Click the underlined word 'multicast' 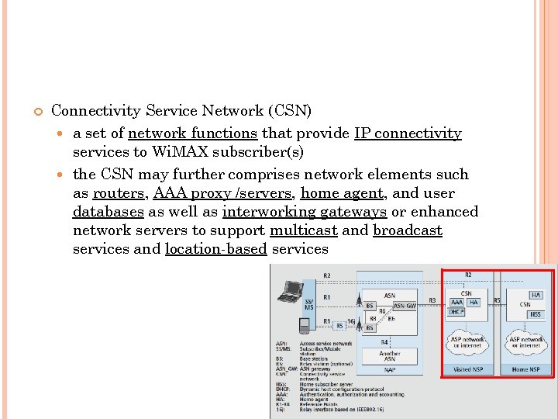(x=303, y=230)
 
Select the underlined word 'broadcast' (x=408, y=230)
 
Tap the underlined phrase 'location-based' (x=216, y=249)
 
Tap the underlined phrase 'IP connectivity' (x=408, y=133)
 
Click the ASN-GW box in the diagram (x=404, y=306)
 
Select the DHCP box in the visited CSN (x=456, y=312)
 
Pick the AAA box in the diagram (x=456, y=302)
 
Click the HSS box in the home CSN (x=536, y=314)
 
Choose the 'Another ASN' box (x=390, y=357)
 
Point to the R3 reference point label (x=432, y=300)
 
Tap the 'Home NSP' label (x=531, y=369)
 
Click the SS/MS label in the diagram (x=308, y=305)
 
